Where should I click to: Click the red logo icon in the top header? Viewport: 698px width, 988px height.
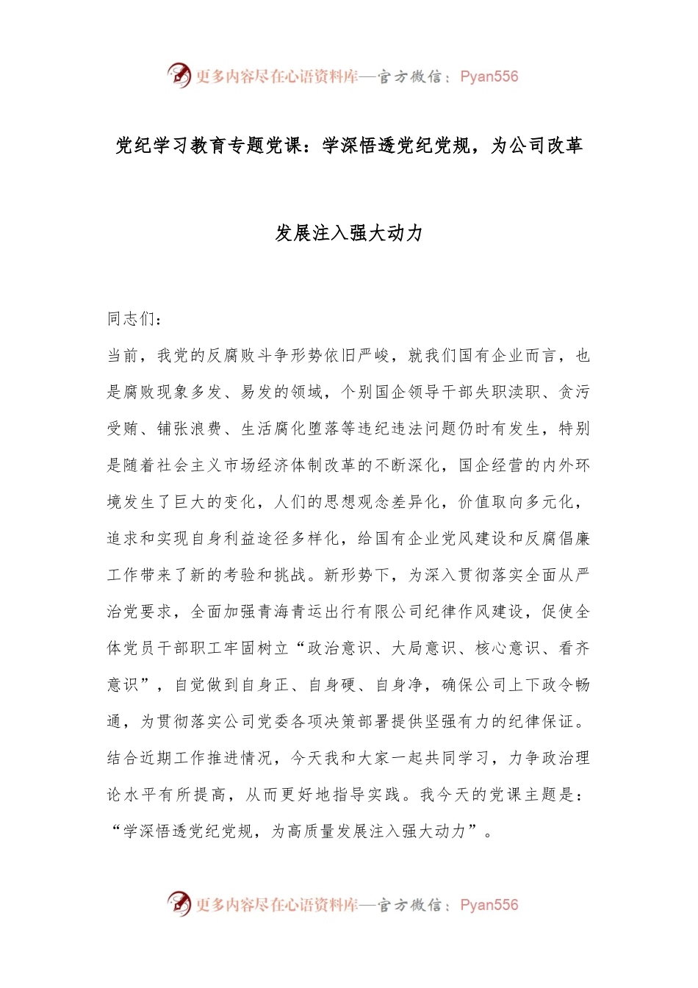(x=179, y=75)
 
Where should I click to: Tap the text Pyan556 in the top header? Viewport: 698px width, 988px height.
(x=489, y=76)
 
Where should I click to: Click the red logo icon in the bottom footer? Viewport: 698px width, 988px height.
(x=179, y=903)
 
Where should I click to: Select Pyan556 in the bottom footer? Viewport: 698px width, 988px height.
(x=489, y=905)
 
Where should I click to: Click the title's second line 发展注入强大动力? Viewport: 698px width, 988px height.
(x=349, y=233)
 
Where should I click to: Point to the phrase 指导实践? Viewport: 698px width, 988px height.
(x=367, y=795)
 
